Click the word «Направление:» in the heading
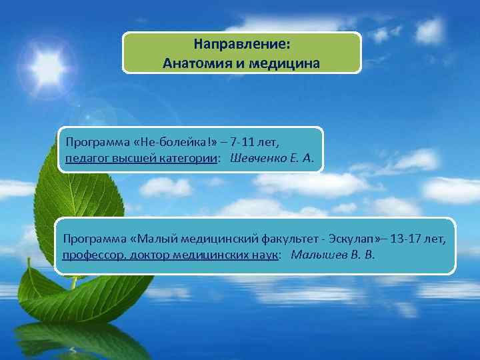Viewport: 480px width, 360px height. tap(241, 45)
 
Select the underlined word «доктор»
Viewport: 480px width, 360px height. tap(142, 255)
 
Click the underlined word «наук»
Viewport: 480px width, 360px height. tap(261, 255)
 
